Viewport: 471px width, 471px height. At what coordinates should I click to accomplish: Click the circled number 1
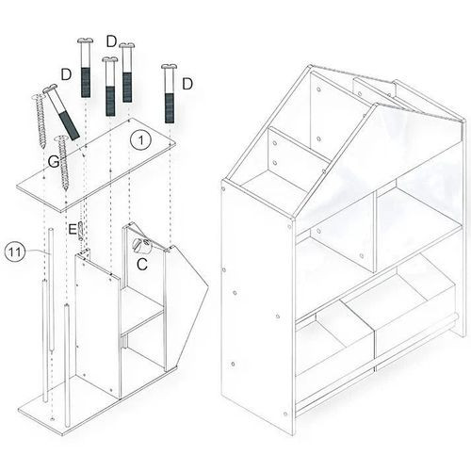pos(141,140)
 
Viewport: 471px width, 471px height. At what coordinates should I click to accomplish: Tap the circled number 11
pos(14,252)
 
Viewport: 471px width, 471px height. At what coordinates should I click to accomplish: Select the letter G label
pos(54,162)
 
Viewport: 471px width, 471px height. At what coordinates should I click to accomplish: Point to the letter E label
pos(73,230)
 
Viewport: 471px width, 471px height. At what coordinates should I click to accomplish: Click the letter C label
pos(142,264)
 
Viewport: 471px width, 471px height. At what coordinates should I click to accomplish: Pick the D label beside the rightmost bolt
pos(187,84)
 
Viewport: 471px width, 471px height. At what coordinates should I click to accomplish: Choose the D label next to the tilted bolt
pos(66,74)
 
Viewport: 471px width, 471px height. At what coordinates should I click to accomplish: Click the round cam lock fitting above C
pos(142,245)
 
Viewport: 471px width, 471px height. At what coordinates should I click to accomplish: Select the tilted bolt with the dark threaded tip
pos(61,111)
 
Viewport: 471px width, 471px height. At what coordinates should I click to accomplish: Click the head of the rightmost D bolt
pos(170,67)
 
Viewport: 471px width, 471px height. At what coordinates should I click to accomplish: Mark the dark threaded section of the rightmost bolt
pos(170,108)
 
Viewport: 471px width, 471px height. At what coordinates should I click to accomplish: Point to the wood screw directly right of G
pos(63,163)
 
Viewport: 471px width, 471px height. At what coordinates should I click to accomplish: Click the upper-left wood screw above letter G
pos(40,122)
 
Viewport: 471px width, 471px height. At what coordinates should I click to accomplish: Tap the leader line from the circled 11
pos(38,252)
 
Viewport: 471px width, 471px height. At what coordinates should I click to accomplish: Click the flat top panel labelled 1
pos(96,164)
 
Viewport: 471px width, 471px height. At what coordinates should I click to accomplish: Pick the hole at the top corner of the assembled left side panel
pos(223,189)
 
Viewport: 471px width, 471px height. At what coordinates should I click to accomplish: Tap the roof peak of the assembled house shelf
pos(310,66)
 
